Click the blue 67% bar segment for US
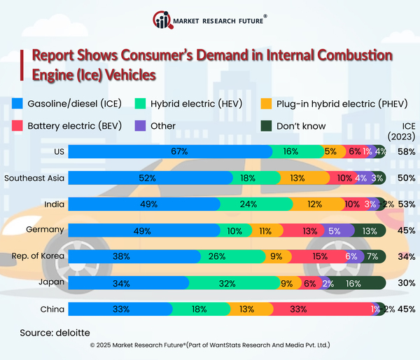click(170, 151)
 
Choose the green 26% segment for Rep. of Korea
click(231, 257)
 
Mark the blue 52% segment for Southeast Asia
click(147, 178)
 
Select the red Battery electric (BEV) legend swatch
click(19, 126)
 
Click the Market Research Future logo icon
click(162, 20)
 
